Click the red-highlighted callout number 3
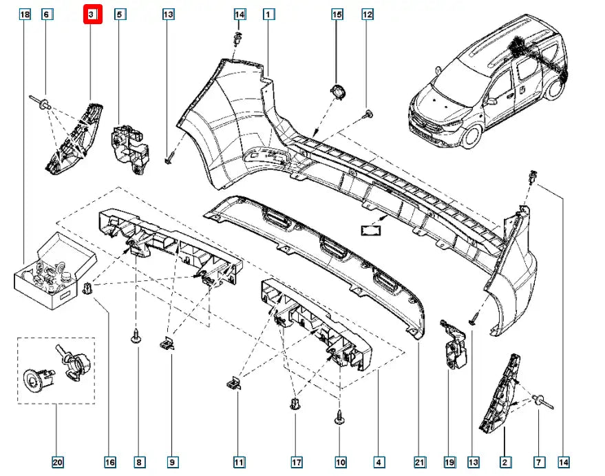point(92,14)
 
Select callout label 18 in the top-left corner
point(25,14)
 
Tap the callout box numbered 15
point(337,14)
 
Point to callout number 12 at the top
point(367,14)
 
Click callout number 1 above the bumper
point(268,14)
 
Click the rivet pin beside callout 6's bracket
point(43,103)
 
